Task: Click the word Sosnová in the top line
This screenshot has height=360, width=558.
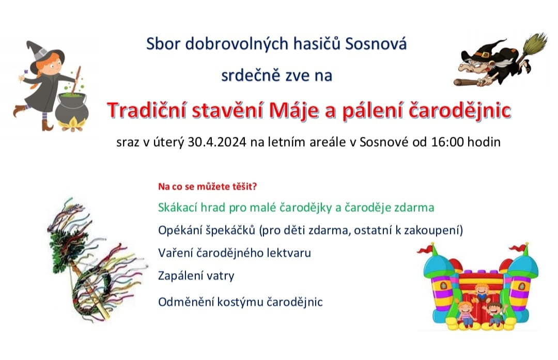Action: [x=376, y=44]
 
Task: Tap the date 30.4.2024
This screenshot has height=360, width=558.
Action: [x=217, y=142]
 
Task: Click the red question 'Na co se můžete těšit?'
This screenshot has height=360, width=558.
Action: [x=208, y=186]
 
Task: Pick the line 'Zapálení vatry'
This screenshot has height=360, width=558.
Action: [x=196, y=276]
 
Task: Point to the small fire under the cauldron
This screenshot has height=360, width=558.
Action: [x=72, y=125]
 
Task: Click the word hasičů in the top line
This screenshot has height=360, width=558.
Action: [x=317, y=44]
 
